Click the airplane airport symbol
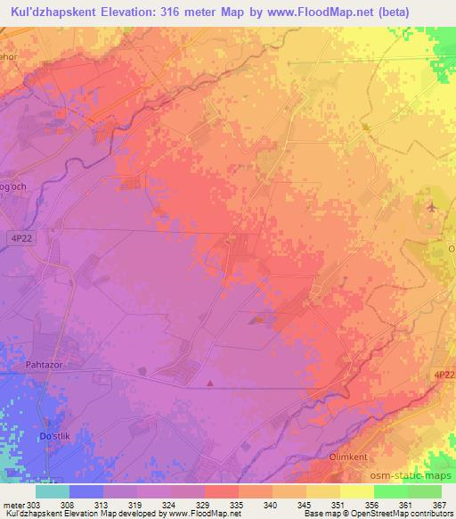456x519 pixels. tap(433, 207)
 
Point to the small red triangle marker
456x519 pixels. tap(210, 383)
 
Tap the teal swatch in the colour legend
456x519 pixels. tap(53, 491)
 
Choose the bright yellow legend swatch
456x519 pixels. tap(357, 491)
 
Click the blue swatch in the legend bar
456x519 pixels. tap(86, 491)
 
